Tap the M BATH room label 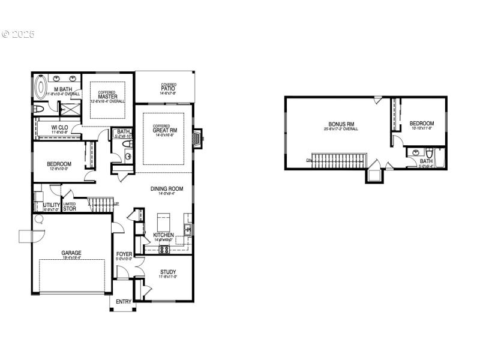64,89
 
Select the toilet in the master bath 38,109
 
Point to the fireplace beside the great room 196,138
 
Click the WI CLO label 59,127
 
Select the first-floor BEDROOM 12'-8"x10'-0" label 59,164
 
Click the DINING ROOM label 166,189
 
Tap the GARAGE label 71,253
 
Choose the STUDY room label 168,272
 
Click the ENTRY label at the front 123,301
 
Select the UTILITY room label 52,205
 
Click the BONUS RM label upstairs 341,124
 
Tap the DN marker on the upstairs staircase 308,160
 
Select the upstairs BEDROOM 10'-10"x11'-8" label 422,124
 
